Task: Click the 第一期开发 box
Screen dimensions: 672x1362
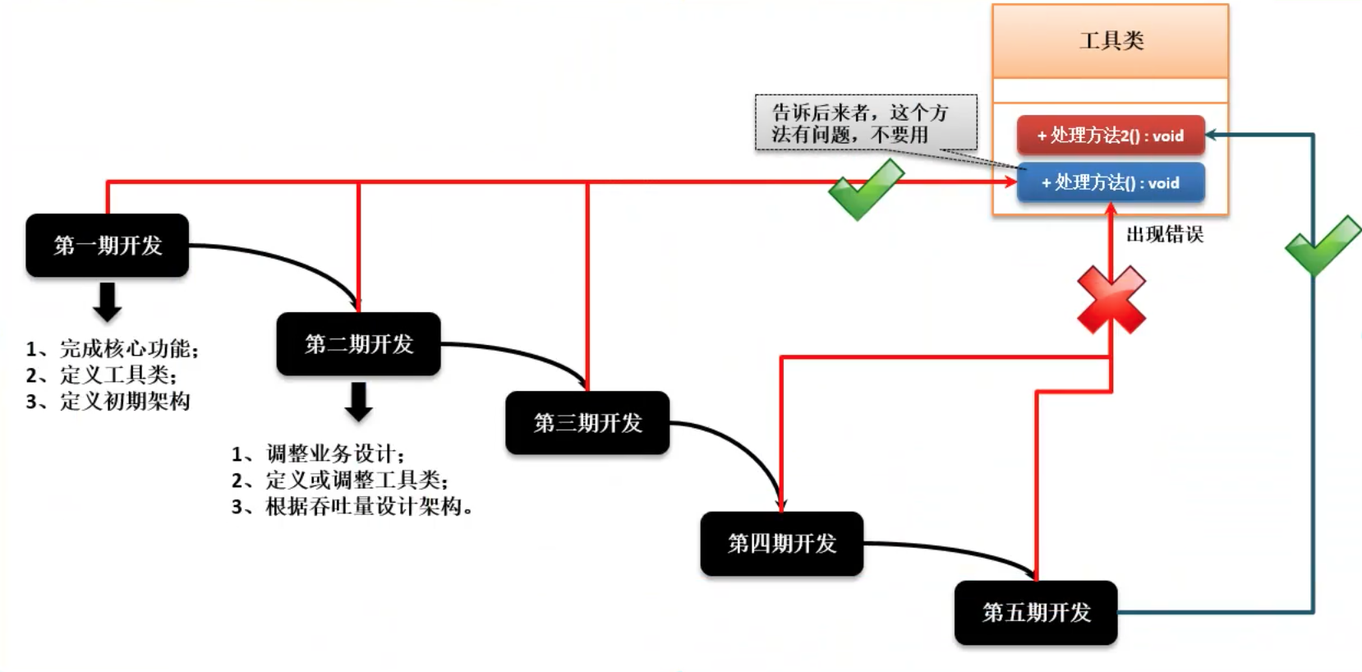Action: [107, 246]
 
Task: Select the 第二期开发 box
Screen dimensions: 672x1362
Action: [358, 344]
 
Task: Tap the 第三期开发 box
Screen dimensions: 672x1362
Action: [587, 423]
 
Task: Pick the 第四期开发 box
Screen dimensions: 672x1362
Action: [781, 544]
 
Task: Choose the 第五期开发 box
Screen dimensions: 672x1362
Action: [1036, 613]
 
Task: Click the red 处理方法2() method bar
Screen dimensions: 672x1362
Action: [1111, 136]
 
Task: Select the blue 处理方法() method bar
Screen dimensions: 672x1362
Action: [1111, 182]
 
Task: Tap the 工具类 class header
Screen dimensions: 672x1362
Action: [1111, 41]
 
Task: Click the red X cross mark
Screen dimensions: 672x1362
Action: [1111, 300]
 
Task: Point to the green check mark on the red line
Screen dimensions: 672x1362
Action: [865, 189]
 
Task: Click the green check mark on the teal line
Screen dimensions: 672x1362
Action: [1323, 246]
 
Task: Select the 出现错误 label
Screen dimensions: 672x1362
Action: [1164, 235]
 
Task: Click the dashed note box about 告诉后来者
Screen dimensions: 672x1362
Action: [866, 123]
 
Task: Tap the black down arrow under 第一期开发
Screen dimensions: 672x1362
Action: [107, 301]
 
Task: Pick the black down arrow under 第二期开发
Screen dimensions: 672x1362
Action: [358, 402]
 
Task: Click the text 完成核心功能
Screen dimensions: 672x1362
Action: [128, 349]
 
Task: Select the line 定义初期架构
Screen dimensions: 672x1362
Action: [124, 402]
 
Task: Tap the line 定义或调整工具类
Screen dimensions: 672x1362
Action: [356, 481]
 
